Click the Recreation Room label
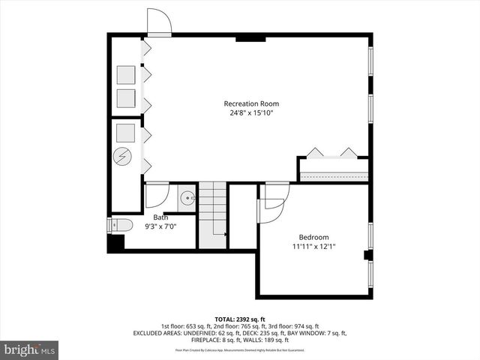[251, 103]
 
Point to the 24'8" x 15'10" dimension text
[251, 113]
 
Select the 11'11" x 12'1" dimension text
[313, 245]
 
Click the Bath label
[160, 218]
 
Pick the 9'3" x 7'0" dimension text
[160, 228]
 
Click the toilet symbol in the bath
[121, 224]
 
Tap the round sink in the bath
[187, 199]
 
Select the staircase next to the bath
[212, 215]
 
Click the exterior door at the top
[158, 22]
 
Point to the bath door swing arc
[157, 196]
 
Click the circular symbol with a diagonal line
[122, 157]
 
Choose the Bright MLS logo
[29, 349]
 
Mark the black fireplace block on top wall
[245, 37]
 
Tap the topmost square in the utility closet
[125, 75]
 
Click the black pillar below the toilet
[115, 244]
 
